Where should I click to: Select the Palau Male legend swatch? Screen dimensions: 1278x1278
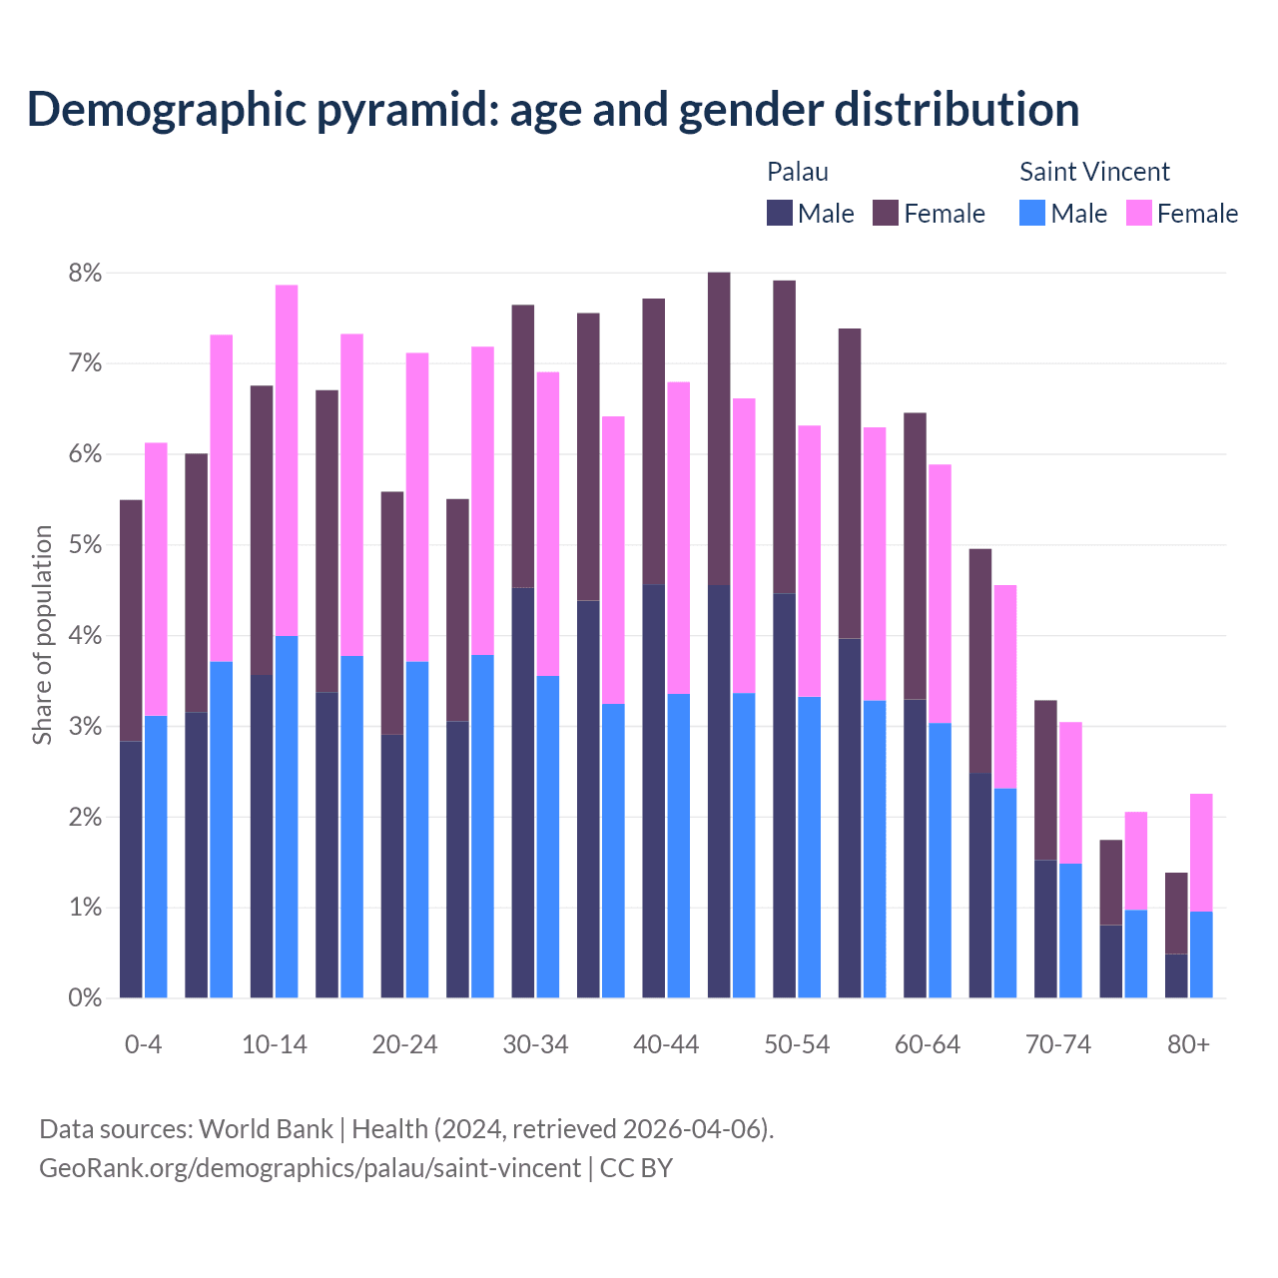779,213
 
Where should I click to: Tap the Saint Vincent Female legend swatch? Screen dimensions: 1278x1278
1138,213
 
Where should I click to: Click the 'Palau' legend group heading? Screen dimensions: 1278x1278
797,172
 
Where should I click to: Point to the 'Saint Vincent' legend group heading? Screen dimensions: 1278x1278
1094,172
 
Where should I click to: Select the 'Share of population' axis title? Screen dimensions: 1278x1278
42,635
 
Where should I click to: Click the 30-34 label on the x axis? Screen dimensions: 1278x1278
535,1044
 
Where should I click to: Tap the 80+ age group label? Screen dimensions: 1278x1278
1188,1044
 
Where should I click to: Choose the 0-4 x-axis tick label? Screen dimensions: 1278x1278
143,1044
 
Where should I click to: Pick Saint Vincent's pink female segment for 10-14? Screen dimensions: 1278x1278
287,460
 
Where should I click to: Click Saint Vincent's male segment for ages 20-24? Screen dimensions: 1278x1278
417,829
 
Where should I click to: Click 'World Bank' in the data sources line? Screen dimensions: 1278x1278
266,1129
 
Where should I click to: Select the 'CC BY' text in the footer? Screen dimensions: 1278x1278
636,1168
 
